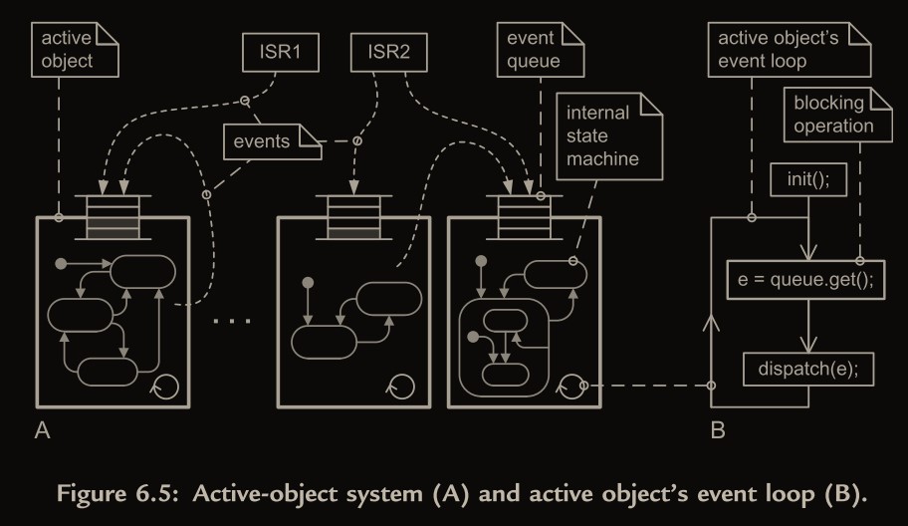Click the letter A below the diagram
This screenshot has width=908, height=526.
tap(42, 431)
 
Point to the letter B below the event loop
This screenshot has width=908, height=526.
tap(718, 431)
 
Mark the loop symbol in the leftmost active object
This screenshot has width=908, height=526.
tap(166, 385)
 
